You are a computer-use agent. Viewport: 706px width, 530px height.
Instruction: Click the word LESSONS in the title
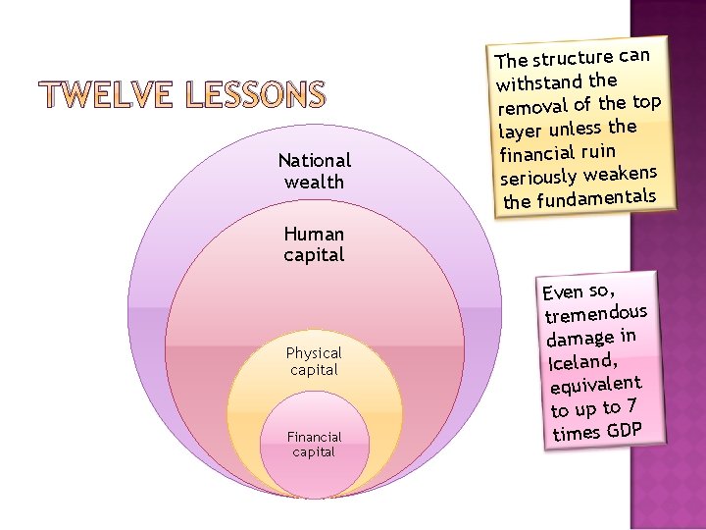tap(253, 95)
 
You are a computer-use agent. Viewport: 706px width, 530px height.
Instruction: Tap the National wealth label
tap(314, 171)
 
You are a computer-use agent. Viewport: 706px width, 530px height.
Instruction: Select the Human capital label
tap(314, 244)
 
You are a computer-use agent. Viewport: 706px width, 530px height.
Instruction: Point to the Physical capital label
tap(314, 361)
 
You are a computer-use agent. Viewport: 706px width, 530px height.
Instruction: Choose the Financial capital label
tap(314, 445)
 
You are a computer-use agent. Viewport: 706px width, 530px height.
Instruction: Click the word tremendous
tap(597, 314)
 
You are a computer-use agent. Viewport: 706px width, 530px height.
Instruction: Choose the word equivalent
tap(596, 386)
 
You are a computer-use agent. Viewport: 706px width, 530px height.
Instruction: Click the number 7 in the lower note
tap(632, 403)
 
